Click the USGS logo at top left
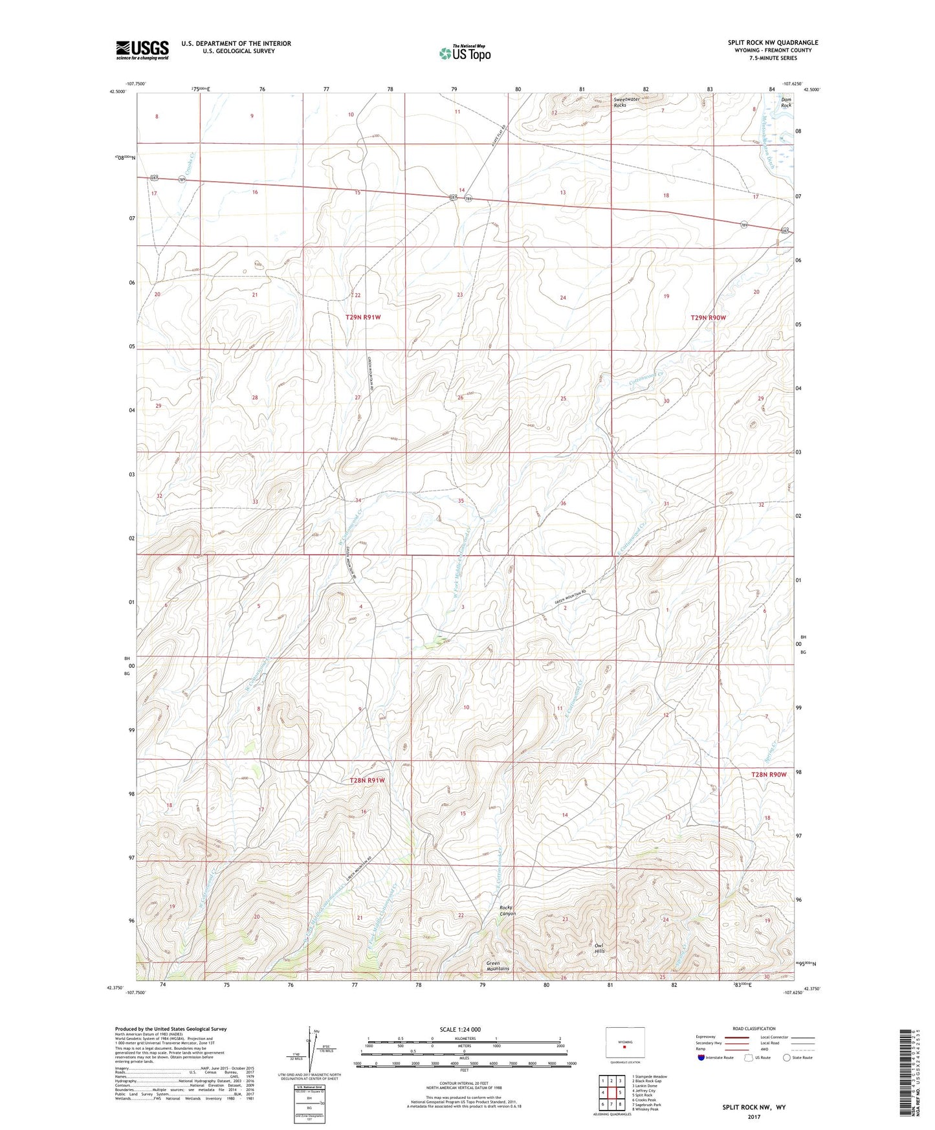point(142,50)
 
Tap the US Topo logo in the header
point(465,53)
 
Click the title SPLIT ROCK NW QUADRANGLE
point(773,43)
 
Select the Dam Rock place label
point(786,102)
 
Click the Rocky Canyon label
point(507,910)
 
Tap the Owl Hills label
point(599,949)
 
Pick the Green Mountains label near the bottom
point(498,966)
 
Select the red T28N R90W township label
point(769,775)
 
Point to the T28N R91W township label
point(367,781)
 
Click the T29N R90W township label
point(708,318)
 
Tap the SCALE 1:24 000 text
point(459,1029)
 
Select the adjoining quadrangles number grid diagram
point(611,1092)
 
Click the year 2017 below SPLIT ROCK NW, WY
point(754,1116)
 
